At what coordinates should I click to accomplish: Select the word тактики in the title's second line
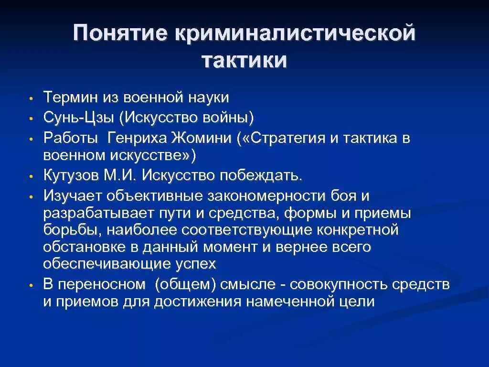point(244,61)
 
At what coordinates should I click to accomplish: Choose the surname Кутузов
point(71,175)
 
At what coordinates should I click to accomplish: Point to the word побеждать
point(260,175)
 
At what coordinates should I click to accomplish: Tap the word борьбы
point(71,230)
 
